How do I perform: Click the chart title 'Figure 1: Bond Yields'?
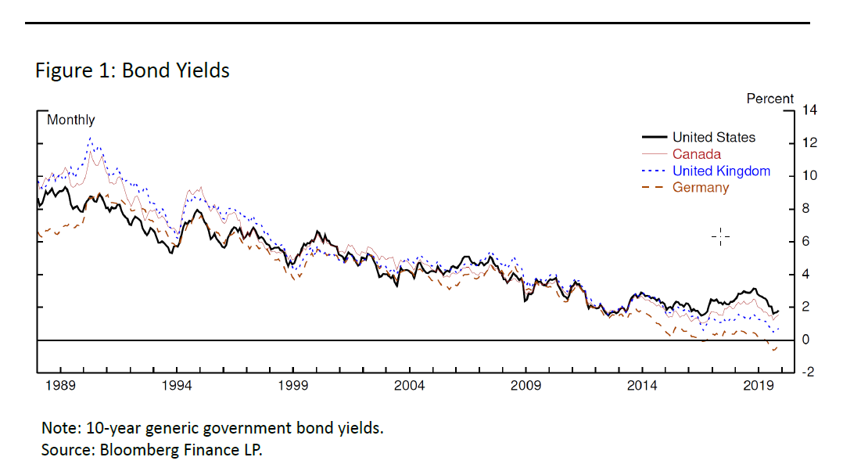coord(132,70)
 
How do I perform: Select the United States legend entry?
coord(714,138)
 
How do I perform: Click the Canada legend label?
coord(697,154)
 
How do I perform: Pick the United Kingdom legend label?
coord(721,171)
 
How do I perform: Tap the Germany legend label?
coord(701,188)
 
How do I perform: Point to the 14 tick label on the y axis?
coord(809,110)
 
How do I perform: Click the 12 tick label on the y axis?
coord(809,143)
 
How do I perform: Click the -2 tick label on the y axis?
coord(810,372)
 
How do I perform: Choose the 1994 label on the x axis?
coord(177,386)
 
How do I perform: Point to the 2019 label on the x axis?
coord(758,386)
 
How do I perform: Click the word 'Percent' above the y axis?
coord(769,99)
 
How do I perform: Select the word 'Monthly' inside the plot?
coord(70,120)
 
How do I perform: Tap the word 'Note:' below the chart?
coord(61,429)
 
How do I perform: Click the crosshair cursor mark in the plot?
coord(720,236)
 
